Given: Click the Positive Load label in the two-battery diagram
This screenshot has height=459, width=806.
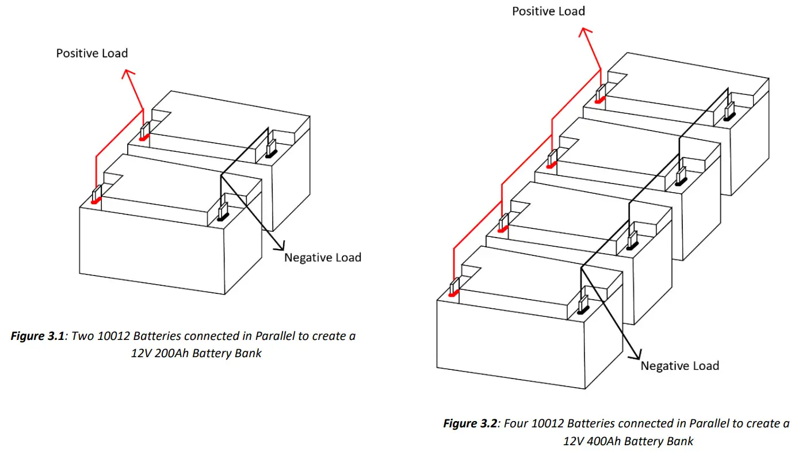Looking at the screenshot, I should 91,53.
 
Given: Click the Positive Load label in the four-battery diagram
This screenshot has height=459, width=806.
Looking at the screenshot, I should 548,11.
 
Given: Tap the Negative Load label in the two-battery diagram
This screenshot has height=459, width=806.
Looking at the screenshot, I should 322,257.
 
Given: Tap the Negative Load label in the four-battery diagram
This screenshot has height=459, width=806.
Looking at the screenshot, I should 679,366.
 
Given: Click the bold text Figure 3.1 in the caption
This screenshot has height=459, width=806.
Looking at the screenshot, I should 37,336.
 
